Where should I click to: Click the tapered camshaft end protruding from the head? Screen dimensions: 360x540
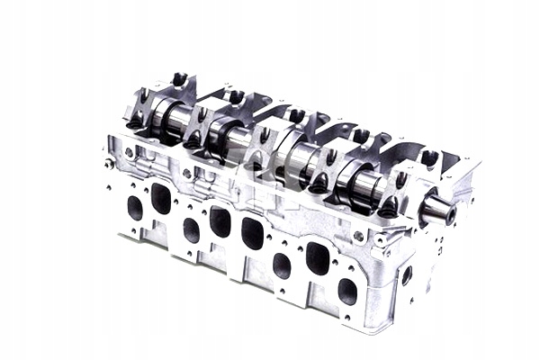(438, 211)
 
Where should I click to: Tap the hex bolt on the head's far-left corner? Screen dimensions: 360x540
(109, 164)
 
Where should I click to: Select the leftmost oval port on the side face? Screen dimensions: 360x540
(135, 208)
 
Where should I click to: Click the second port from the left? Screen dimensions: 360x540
(161, 198)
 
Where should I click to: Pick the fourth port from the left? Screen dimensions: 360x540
(220, 221)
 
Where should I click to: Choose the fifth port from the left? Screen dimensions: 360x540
(253, 233)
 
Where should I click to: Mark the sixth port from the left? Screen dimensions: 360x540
(282, 265)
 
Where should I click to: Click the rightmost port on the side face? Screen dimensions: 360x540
(347, 291)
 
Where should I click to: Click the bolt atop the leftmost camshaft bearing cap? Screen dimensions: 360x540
(179, 79)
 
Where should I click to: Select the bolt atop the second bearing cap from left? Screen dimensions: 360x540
(237, 96)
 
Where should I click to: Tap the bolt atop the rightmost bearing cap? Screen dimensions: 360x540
(429, 158)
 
